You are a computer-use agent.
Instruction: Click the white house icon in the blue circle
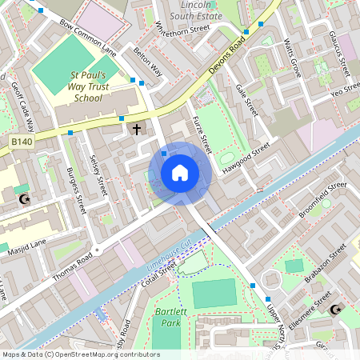click(180, 173)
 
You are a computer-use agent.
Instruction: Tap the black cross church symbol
click(136, 128)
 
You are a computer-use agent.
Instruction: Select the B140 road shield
click(22, 142)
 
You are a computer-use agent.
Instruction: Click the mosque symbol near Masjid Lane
click(24, 198)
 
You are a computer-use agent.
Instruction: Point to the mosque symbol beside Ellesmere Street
click(334, 309)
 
